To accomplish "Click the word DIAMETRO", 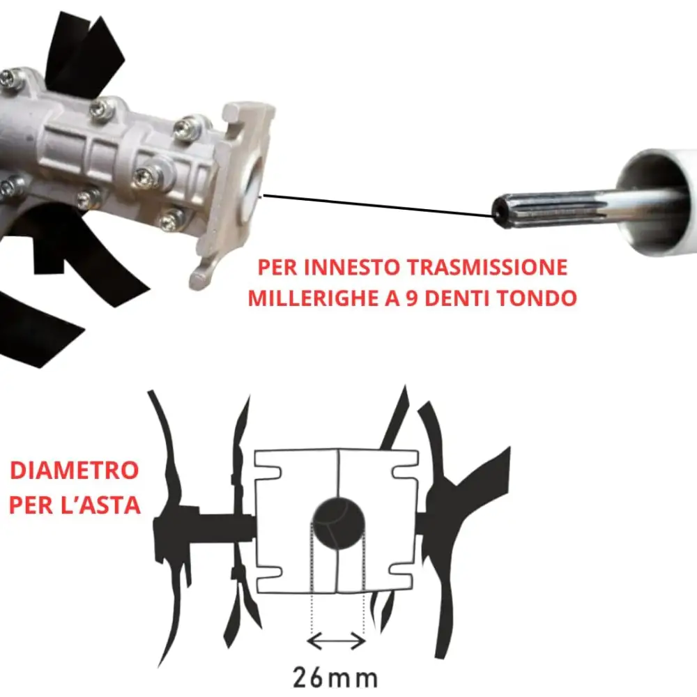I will pos(74,470).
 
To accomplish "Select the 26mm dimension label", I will pos(335,677).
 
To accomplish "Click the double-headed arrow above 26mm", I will pos(337,640).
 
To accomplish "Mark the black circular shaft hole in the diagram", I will pos(338,523).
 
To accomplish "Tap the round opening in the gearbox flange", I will pos(252,188).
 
